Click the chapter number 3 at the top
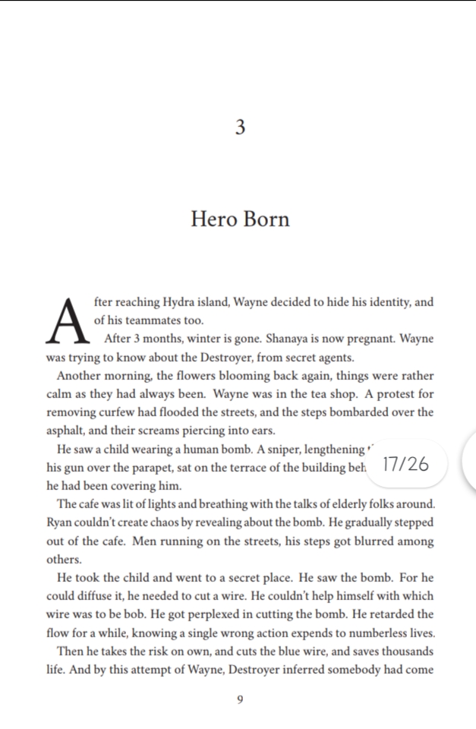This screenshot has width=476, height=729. pyautogui.click(x=240, y=128)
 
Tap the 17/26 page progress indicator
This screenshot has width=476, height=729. pyautogui.click(x=406, y=464)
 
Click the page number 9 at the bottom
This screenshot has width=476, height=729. pyautogui.click(x=240, y=700)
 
